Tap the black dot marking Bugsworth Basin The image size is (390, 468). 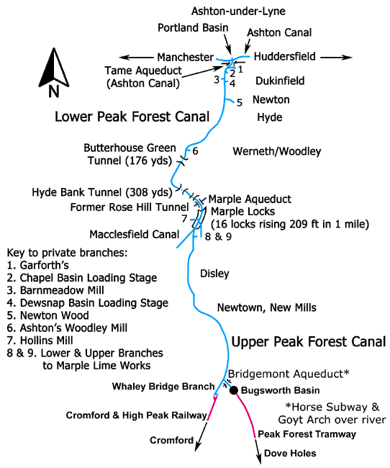pos(234,390)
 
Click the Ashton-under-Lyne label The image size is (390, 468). pos(238,12)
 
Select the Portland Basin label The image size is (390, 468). pos(193,28)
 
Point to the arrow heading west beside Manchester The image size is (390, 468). pos(136,58)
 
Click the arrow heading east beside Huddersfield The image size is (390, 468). pos(336,57)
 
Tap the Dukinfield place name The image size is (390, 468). pos(280,81)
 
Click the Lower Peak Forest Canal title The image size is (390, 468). pos(132,117)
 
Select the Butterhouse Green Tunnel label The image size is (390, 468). pos(130,154)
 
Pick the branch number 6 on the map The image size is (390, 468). pos(195,151)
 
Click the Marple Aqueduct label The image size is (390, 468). pos(250,199)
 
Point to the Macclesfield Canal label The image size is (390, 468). pos(135,234)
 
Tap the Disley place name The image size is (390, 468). pos(214,274)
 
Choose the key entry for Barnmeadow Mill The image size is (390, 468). pos(55,290)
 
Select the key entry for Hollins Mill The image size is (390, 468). pos(40,341)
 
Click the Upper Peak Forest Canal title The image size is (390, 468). pos(309,342)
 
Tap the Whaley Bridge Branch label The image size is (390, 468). pos(163,387)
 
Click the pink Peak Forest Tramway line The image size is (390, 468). pos(248,414)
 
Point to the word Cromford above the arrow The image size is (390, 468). pos(171,440)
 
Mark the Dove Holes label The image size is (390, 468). pos(290,454)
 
